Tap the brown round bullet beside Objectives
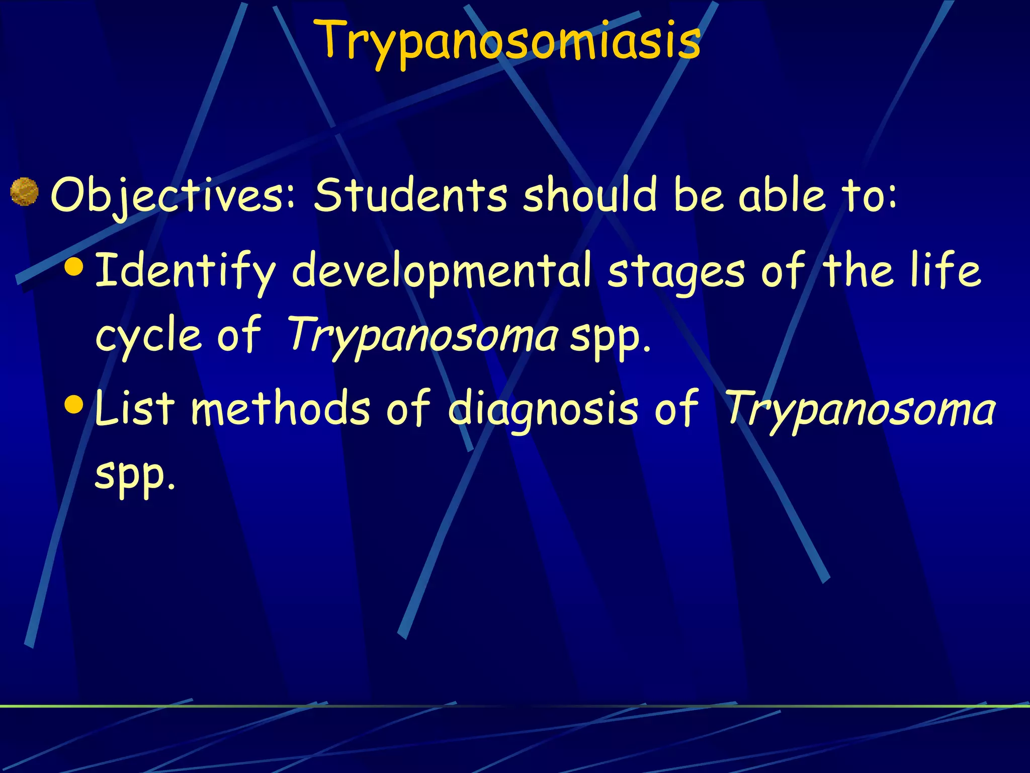24,192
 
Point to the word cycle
148,336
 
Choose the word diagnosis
543,409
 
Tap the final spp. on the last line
135,475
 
